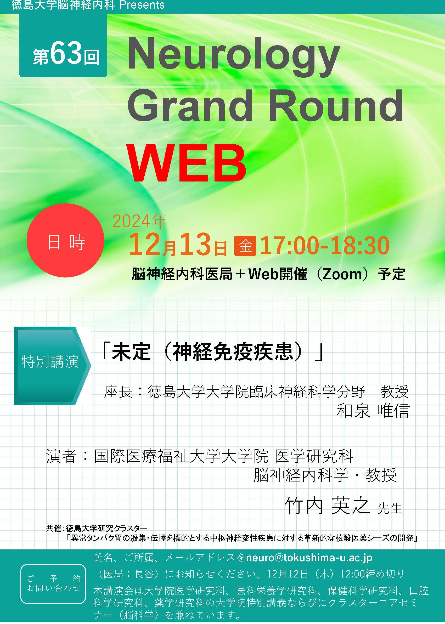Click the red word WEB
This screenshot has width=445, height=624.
click(x=186, y=163)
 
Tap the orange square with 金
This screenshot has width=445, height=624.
click(x=245, y=246)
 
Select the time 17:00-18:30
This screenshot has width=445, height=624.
click(x=324, y=246)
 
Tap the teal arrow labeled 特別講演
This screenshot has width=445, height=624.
click(x=52, y=366)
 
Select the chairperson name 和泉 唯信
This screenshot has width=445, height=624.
click(x=373, y=411)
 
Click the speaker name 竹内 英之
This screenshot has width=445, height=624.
click(x=328, y=506)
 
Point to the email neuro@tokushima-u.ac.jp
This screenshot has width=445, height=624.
click(x=309, y=558)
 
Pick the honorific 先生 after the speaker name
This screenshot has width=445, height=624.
click(x=390, y=508)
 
